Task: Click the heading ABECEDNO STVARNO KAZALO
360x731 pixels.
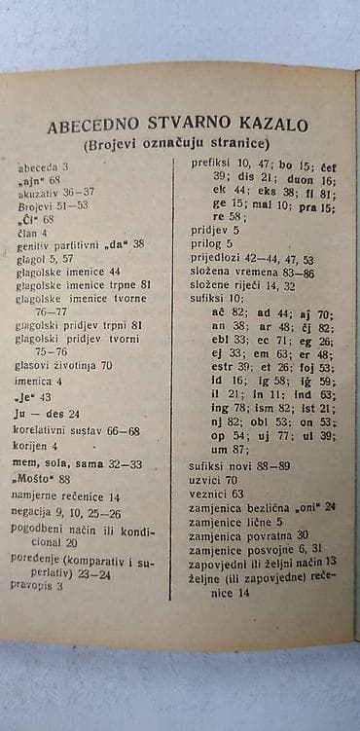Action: point(177,126)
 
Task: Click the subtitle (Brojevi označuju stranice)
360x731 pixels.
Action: point(177,144)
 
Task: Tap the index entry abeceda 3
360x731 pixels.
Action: point(43,167)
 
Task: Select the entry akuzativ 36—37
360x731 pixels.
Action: point(56,193)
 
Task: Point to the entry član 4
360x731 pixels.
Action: point(32,233)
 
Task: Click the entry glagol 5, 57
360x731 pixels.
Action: point(45,259)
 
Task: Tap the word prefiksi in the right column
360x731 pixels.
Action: point(210,164)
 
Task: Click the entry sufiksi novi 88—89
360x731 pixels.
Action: point(238,466)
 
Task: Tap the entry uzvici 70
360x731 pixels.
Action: point(213,480)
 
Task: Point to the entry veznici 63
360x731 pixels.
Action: point(217,493)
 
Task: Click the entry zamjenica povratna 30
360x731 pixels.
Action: point(249,534)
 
